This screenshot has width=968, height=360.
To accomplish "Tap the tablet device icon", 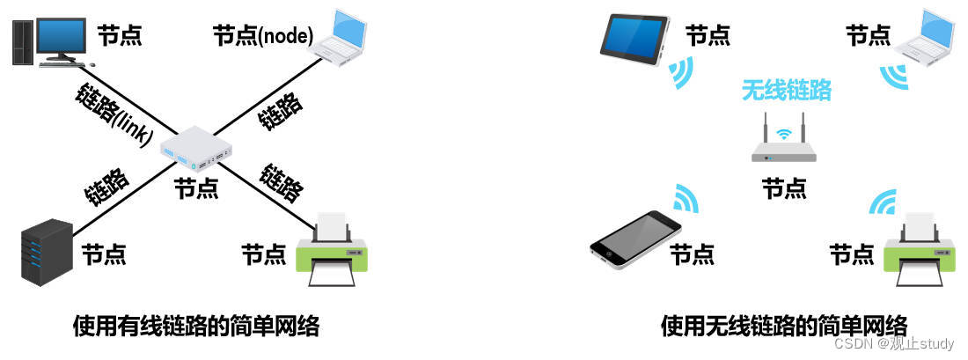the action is click(x=634, y=37).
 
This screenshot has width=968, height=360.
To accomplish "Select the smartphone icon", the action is click(x=636, y=237).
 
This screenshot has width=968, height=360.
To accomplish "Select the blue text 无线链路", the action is click(x=786, y=89).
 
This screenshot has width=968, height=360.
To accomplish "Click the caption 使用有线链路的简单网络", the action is click(x=195, y=327).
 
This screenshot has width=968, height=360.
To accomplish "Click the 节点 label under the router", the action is click(x=783, y=187).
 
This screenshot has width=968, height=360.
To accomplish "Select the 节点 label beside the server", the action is click(x=105, y=254).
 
